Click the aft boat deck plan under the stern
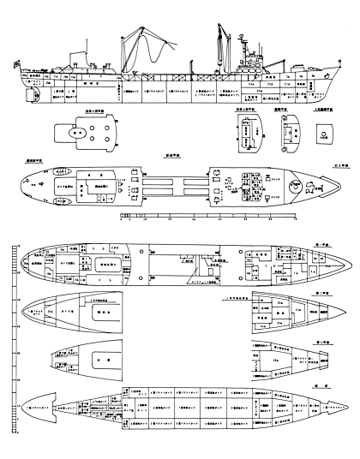[80, 135]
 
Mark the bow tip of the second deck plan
[343, 259]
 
